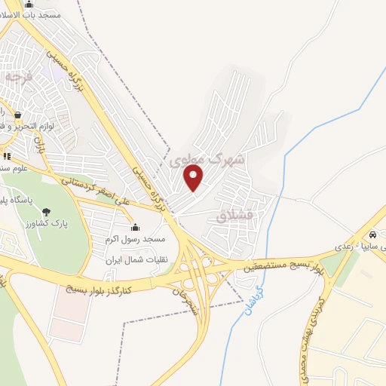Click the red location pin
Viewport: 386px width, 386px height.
pos(195,178)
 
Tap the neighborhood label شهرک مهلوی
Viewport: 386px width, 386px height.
pos(207,159)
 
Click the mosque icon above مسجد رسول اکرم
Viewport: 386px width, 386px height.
pos(136,227)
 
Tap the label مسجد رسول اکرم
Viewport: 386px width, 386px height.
pos(136,239)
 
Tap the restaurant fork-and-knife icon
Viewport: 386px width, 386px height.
pos(7,156)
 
